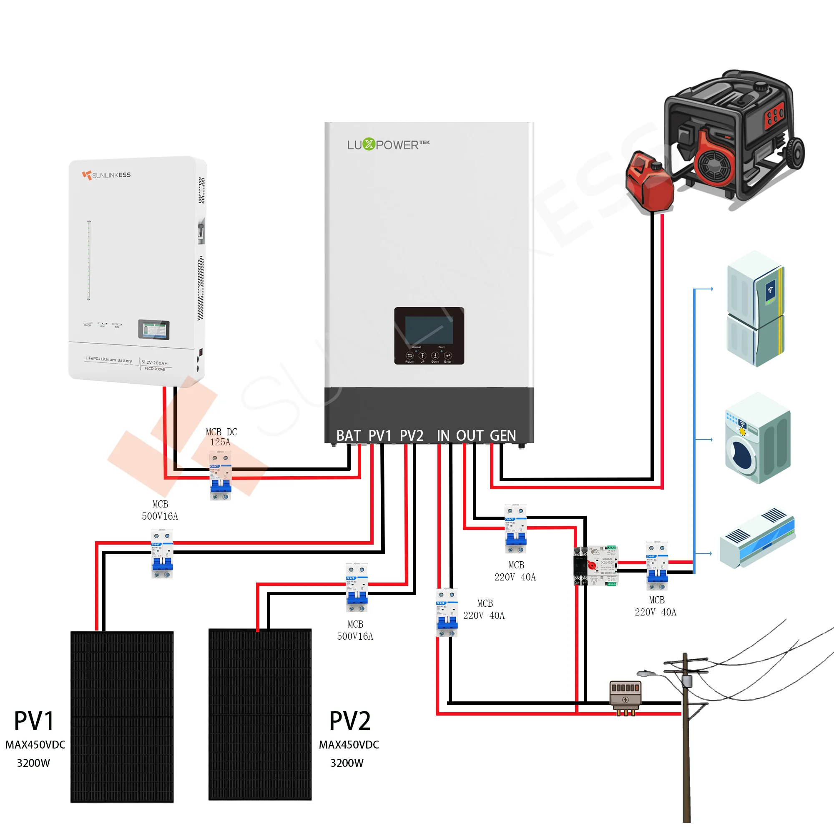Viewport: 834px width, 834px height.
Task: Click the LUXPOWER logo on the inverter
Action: click(x=388, y=144)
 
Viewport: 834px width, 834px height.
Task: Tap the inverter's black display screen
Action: click(x=429, y=330)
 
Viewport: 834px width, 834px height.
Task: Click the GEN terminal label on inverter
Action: click(x=503, y=436)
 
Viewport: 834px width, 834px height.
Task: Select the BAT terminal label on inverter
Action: click(x=348, y=436)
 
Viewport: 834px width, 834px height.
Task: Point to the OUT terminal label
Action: click(x=470, y=436)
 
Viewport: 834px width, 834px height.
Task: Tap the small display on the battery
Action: click(x=154, y=330)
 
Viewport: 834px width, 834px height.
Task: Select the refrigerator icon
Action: click(x=756, y=309)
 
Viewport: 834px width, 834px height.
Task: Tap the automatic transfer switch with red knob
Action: click(x=596, y=565)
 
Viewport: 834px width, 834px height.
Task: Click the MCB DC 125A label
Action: click(x=221, y=437)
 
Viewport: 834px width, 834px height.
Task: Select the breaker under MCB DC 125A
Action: click(x=221, y=476)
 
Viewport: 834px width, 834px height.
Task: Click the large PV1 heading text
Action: click(x=34, y=721)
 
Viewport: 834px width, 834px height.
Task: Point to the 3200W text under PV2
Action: click(x=347, y=763)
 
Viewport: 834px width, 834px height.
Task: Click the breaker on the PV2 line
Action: click(x=357, y=588)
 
